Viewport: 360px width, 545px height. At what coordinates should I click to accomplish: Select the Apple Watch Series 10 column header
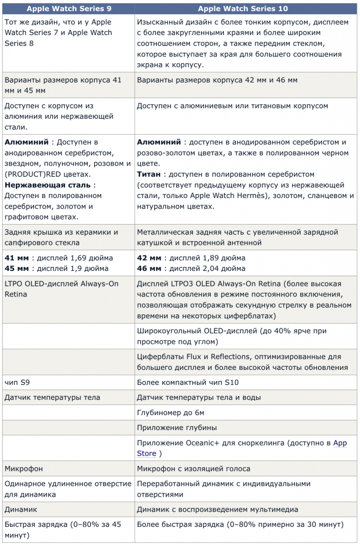245,8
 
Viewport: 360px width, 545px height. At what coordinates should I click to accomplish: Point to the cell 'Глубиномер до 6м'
170,412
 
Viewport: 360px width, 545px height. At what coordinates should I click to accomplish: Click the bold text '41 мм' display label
16,258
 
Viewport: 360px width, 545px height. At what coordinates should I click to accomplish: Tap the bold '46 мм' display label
149,268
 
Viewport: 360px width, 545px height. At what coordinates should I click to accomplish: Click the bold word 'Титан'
149,175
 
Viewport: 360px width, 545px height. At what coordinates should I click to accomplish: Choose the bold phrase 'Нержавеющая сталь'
47,185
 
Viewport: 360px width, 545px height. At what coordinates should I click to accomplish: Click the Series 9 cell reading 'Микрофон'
23,469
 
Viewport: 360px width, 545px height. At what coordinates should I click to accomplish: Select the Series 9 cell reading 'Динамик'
21,509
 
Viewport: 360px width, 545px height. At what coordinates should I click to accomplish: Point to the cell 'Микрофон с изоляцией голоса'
194,469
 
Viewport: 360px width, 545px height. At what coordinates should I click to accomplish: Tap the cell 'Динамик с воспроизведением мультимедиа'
217,509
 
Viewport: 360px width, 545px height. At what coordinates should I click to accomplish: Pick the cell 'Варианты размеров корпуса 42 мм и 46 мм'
217,80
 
